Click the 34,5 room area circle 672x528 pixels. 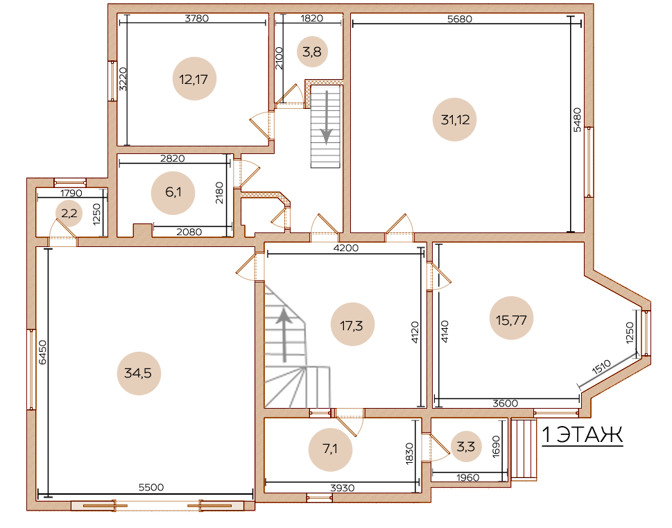139,373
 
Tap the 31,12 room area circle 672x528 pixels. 455,119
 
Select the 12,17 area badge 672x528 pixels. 194,79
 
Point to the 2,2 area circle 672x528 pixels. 69,213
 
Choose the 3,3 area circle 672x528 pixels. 465,447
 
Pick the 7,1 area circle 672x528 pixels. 330,450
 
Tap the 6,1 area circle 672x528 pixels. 173,193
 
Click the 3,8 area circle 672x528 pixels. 312,52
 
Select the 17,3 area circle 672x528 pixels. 352,324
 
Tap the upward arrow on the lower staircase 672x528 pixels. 283,335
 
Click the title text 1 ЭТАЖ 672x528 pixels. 583,435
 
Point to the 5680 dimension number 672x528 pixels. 459,19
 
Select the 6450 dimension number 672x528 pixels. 42,352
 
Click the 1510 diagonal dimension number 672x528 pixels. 601,368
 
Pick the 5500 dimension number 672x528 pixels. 151,487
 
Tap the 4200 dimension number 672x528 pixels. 346,248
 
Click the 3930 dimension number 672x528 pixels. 343,488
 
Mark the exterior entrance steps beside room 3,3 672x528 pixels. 524,449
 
